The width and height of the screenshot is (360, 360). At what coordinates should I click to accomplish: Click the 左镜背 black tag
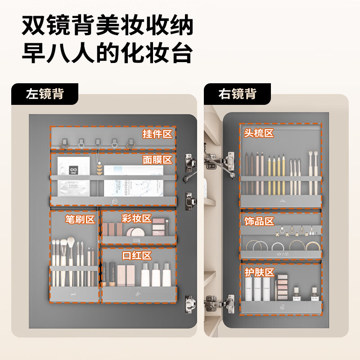point(45,94)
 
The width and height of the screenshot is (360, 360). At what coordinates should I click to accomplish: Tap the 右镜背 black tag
point(237,94)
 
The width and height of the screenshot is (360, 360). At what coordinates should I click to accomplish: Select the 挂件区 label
point(157,134)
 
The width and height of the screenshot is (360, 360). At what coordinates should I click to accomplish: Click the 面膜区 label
point(157,160)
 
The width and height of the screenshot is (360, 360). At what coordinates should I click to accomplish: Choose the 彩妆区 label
point(136,219)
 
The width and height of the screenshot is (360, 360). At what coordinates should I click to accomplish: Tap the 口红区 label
point(137,256)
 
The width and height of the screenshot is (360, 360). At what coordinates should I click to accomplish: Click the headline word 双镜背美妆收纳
point(108,26)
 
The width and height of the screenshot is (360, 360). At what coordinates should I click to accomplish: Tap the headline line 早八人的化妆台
point(108,54)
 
